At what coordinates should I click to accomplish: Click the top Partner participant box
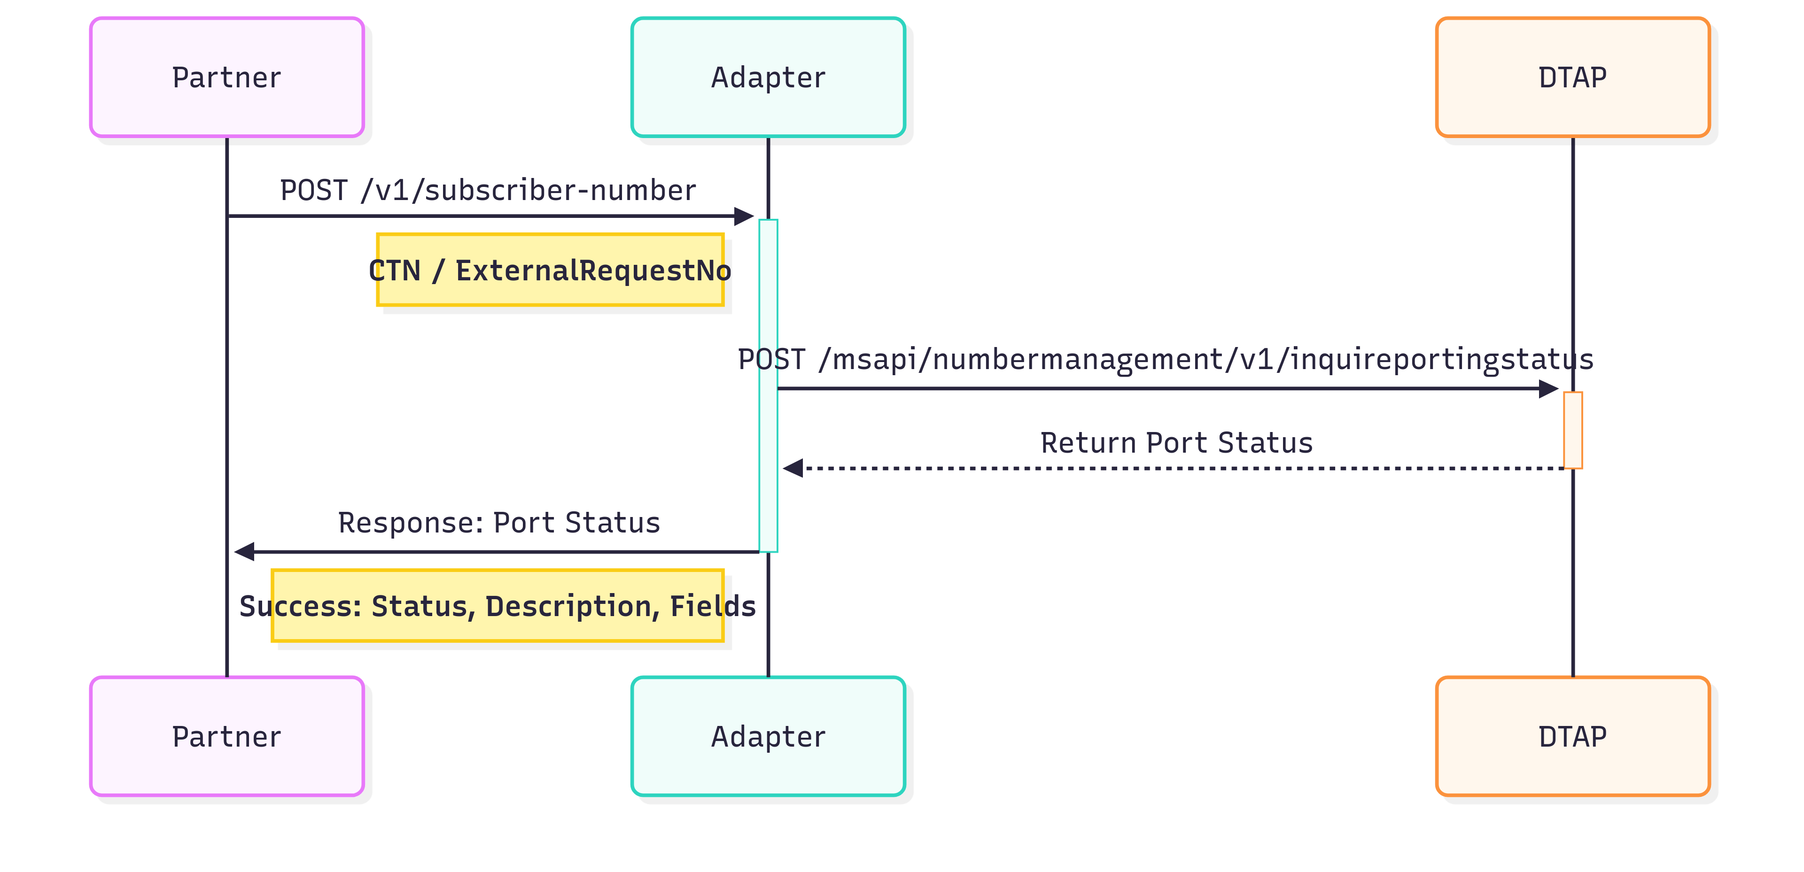click(227, 77)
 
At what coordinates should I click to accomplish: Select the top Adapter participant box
click(768, 77)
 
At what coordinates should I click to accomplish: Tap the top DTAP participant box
click(1572, 77)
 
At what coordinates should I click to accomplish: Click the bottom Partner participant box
click(227, 736)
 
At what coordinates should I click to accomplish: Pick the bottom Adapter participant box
click(768, 736)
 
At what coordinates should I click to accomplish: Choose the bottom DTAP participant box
click(1572, 736)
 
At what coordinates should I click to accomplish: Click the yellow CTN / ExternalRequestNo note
click(550, 270)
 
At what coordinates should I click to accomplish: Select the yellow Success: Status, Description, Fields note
click(497, 606)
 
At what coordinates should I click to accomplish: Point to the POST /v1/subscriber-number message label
click(488, 190)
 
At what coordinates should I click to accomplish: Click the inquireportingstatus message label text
click(1165, 359)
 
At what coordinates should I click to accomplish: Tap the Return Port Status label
click(1176, 443)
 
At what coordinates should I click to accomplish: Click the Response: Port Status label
click(498, 523)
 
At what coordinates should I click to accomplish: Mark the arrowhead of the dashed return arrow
click(792, 468)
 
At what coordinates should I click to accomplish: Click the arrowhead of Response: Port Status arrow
click(244, 551)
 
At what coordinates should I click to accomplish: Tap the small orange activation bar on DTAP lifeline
click(1573, 430)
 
